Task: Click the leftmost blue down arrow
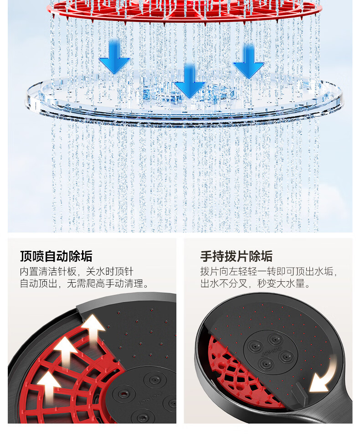[x=114, y=57]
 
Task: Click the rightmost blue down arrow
[x=249, y=62]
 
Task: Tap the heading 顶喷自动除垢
[x=56, y=256]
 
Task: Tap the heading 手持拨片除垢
[x=237, y=256]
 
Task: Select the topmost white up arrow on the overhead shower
[x=94, y=328]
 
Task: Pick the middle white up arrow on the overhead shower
[x=66, y=352]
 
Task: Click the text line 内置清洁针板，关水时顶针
[x=77, y=272]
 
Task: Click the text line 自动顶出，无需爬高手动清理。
[x=84, y=284]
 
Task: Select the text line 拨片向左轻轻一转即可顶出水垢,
[x=269, y=272]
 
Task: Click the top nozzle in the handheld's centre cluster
[x=275, y=339]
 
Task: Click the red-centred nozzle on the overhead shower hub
[x=124, y=393]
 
